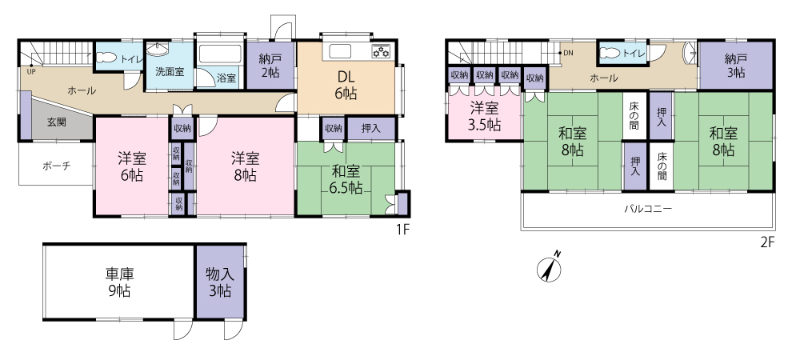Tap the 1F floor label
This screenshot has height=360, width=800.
click(403, 230)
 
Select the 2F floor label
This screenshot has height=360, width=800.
click(767, 242)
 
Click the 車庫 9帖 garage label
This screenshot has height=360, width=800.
click(119, 282)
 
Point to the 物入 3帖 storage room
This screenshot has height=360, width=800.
click(221, 282)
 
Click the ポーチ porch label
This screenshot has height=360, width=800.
click(56, 166)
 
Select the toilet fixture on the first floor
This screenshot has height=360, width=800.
click(106, 57)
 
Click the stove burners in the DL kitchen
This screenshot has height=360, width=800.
click(381, 51)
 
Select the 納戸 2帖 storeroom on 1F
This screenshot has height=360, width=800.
click(271, 66)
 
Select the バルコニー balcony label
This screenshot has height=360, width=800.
click(648, 209)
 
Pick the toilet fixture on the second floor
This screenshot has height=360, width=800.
click(610, 54)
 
